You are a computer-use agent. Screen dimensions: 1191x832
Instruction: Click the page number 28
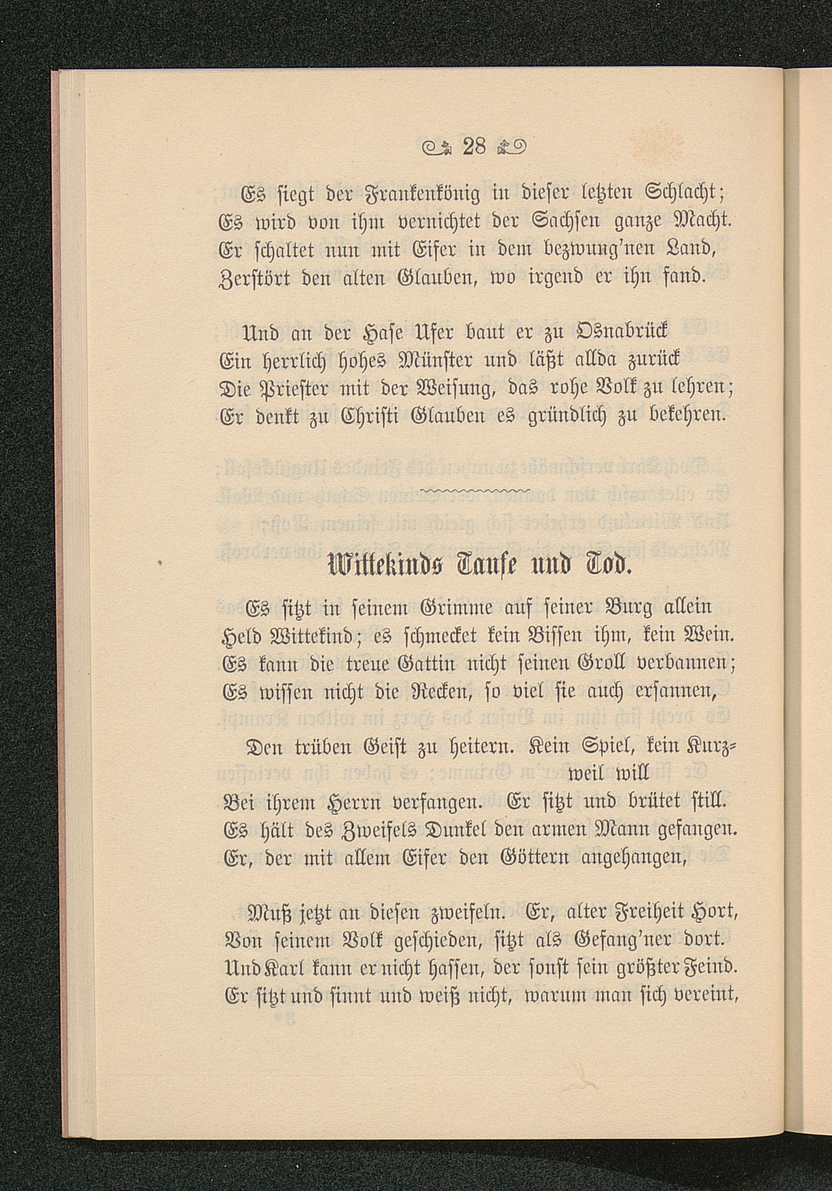(475, 147)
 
